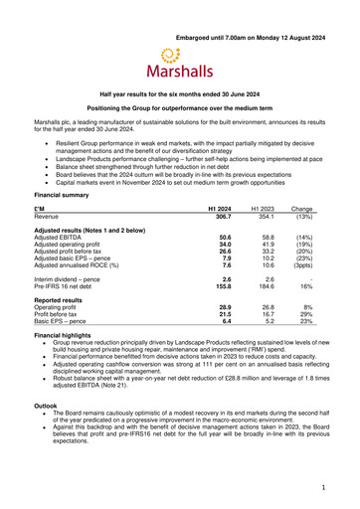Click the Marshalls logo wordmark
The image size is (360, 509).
[179, 72]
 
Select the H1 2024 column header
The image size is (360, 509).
[217, 208]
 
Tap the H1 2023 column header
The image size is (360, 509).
[262, 208]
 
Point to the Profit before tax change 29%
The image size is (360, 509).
[305, 315]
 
